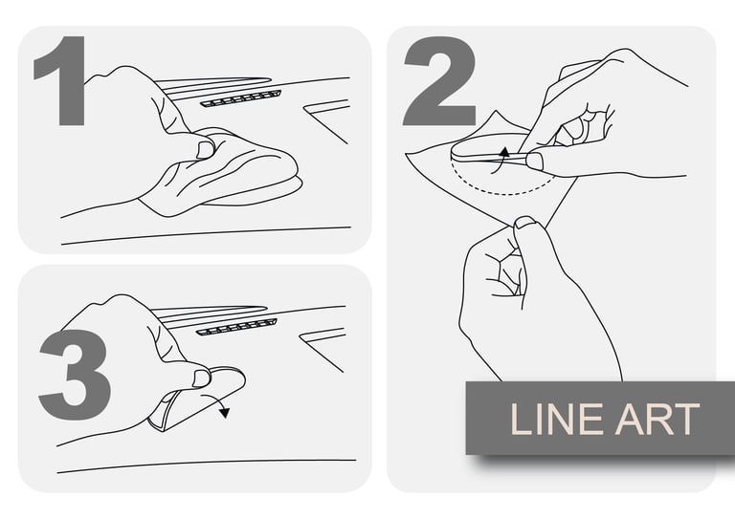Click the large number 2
click(x=439, y=81)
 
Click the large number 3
click(x=75, y=375)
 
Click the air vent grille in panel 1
click(x=241, y=98)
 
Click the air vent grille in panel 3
click(x=236, y=327)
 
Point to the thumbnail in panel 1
click(x=206, y=149)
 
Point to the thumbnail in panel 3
click(x=202, y=378)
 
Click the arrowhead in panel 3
click(x=225, y=412)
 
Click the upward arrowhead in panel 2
click(x=504, y=152)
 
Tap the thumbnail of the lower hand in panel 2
click(x=525, y=223)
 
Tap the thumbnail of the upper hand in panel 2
click(x=534, y=162)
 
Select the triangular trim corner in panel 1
click(x=326, y=120)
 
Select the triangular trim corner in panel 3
click(x=323, y=349)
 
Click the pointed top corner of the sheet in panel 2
click(x=496, y=111)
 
